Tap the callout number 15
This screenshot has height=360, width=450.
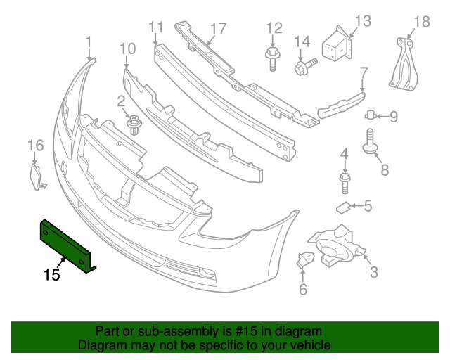51,274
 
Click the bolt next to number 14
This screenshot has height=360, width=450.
304,67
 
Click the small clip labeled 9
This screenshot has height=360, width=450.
371,115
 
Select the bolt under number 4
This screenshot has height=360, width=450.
344,184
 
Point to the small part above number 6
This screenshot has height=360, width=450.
305,260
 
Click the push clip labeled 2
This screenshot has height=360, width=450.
132,125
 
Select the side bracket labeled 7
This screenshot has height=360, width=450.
342,105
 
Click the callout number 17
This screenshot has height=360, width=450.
218,29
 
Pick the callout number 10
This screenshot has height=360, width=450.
127,49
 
